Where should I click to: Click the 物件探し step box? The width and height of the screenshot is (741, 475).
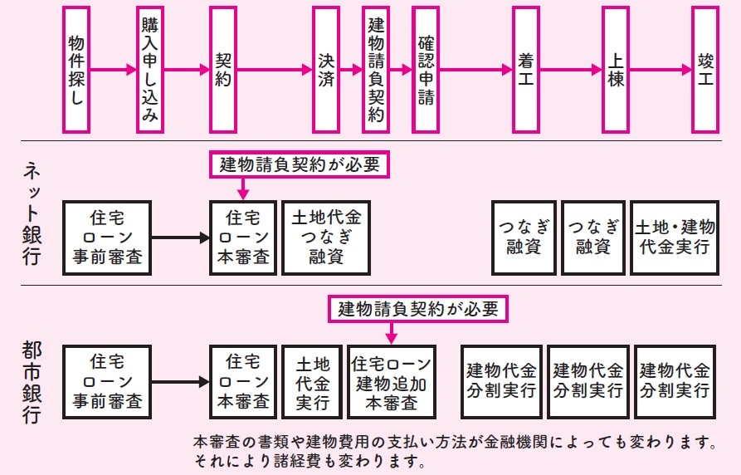(x=76, y=70)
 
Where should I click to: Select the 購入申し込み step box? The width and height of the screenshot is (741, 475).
(x=150, y=70)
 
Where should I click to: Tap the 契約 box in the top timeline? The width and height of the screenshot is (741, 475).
(x=223, y=70)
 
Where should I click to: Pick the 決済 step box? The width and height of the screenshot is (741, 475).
(x=326, y=70)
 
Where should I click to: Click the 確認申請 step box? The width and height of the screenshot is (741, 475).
(x=426, y=70)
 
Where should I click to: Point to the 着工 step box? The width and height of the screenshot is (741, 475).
(x=525, y=70)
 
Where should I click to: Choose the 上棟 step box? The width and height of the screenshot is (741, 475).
(x=615, y=70)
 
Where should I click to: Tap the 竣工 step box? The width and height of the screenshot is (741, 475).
(x=705, y=70)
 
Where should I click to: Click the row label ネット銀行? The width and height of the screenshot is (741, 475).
(x=32, y=214)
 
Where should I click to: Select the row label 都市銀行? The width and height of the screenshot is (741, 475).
(x=32, y=383)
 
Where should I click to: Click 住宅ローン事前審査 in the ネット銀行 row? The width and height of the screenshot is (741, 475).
(x=107, y=237)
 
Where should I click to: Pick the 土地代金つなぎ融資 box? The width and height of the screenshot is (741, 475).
(x=326, y=237)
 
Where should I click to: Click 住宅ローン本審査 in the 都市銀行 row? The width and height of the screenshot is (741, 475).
(x=243, y=383)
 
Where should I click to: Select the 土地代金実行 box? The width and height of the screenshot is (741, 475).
(x=313, y=383)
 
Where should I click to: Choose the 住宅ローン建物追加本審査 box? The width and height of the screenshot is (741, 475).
(x=392, y=383)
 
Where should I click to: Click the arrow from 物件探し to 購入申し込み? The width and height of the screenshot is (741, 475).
(x=113, y=70)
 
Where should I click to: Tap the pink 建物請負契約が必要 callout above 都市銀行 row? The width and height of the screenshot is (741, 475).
(x=418, y=310)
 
